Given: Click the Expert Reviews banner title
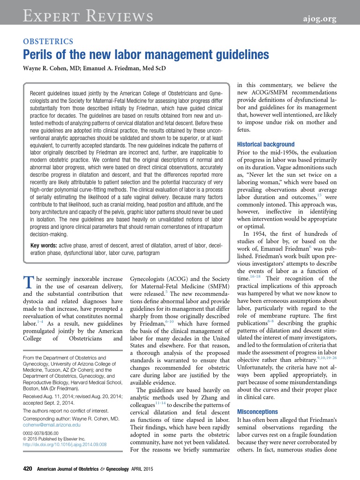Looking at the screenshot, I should [88, 17].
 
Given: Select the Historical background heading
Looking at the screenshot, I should [265, 144].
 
